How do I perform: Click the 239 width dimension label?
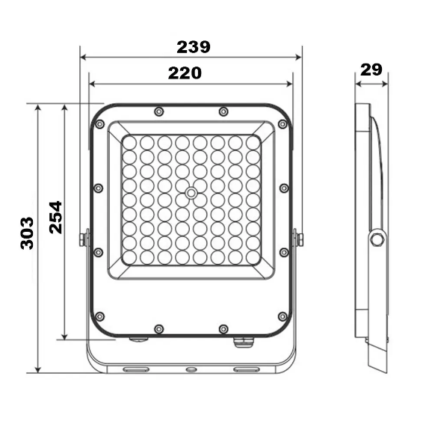point(194,47)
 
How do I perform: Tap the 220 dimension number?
point(185,73)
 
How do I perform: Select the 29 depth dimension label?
point(371,70)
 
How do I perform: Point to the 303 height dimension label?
point(27,233)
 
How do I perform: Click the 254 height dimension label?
point(56,218)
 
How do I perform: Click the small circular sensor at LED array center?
point(191,193)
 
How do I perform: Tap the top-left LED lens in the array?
point(129,143)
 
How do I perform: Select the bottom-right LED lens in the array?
point(253,257)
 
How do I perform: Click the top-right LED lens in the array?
point(253,143)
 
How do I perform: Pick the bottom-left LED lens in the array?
point(129,257)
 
